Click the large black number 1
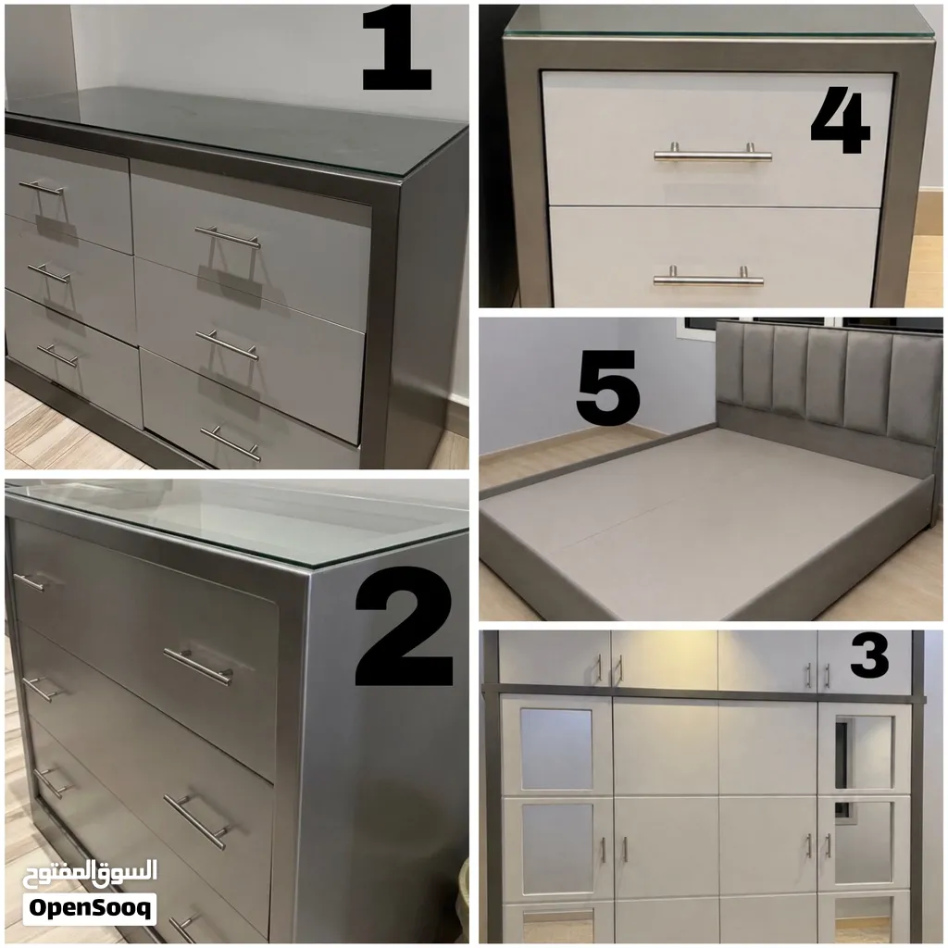click(396, 48)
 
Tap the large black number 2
click(404, 626)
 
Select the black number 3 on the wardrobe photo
click(869, 655)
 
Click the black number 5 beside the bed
click(607, 387)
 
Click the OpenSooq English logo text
click(90, 909)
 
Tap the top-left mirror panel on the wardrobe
click(556, 748)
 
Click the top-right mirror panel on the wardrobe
click(864, 752)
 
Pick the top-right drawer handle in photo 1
click(228, 237)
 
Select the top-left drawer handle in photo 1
click(41, 187)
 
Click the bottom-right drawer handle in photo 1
click(231, 443)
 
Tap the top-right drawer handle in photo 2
click(198, 667)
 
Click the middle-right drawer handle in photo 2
click(197, 821)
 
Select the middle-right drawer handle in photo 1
click(227, 344)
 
